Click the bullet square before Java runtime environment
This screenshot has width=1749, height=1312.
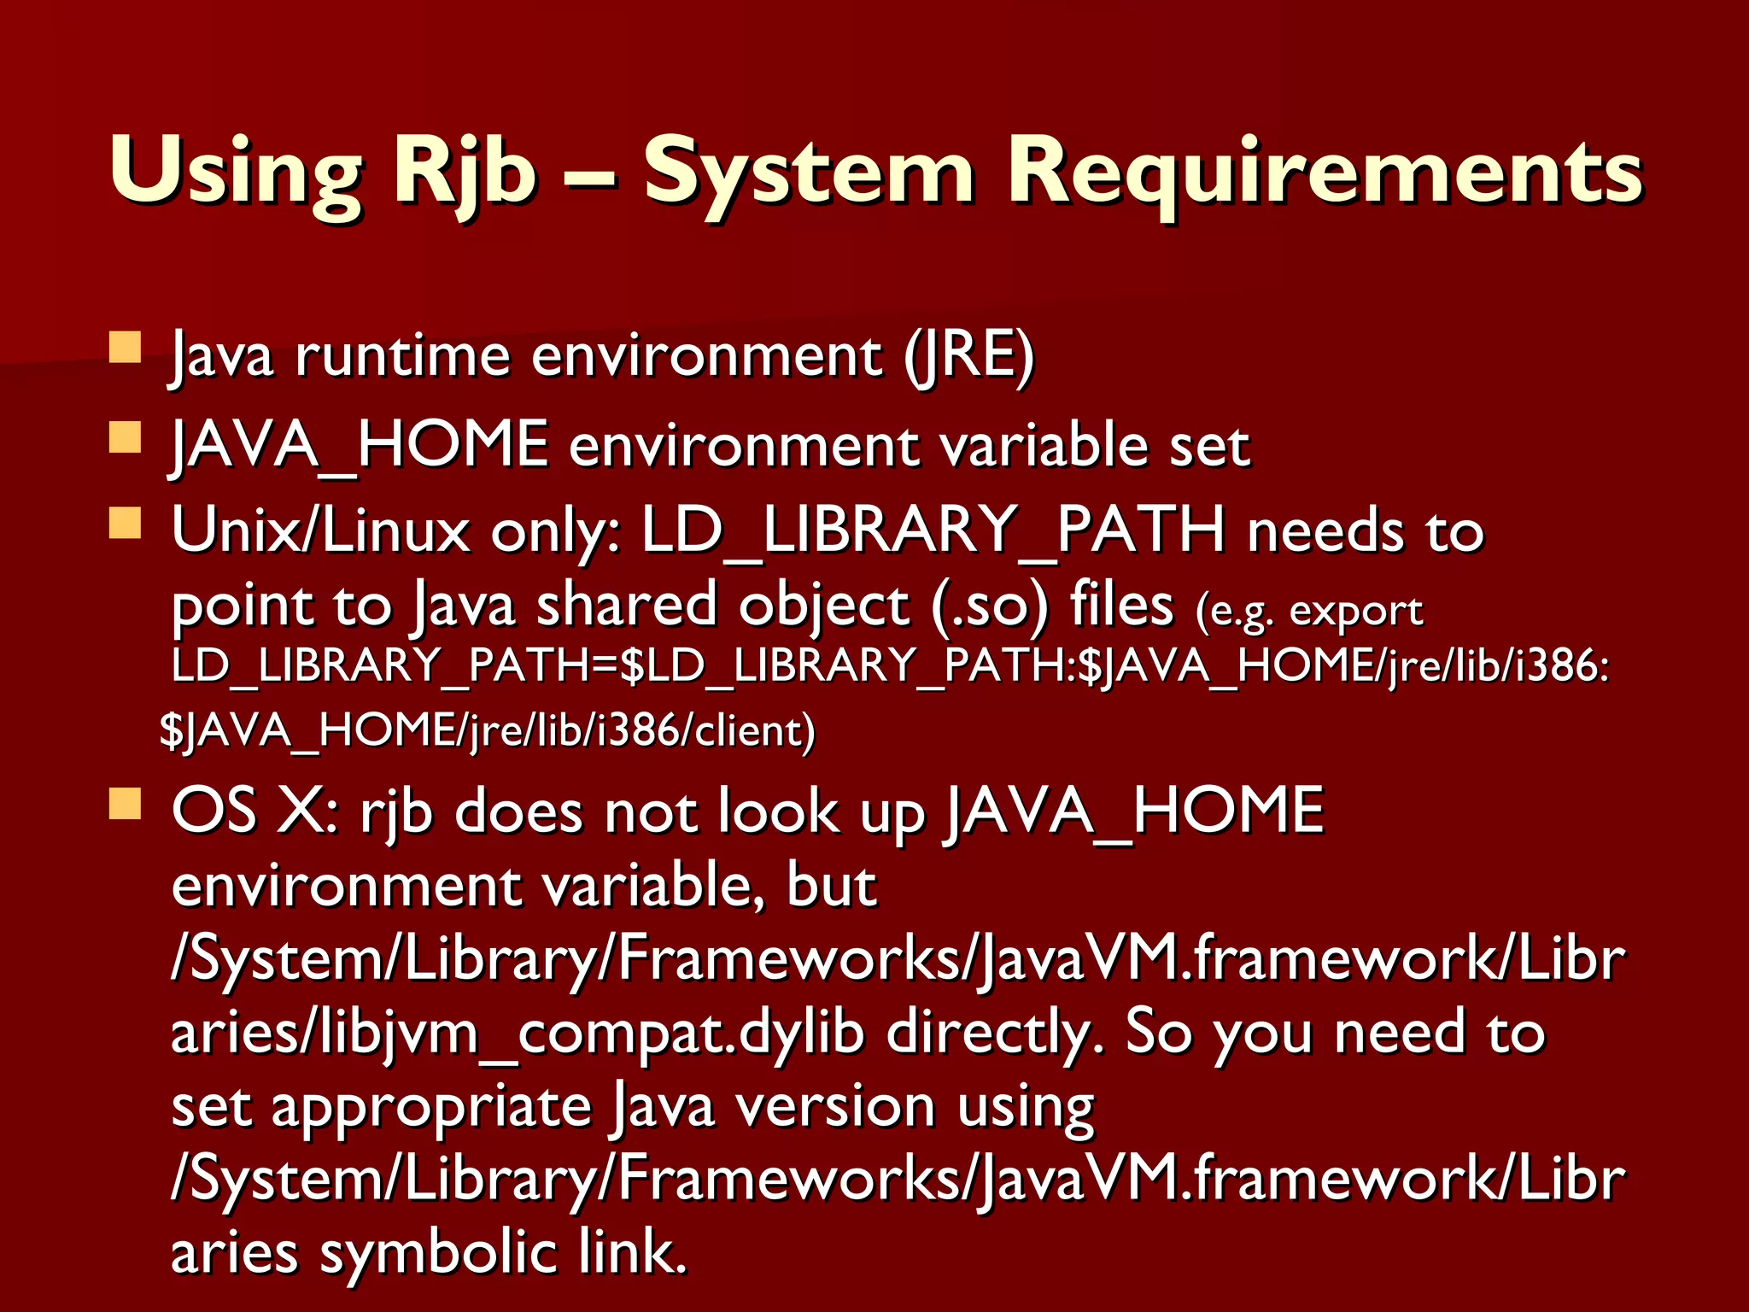pos(126,348)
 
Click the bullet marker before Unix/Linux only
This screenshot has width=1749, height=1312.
pos(126,523)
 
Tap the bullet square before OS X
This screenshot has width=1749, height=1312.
pos(126,803)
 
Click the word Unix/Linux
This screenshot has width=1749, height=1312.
pos(320,530)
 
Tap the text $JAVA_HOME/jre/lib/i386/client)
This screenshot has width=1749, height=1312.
pos(488,731)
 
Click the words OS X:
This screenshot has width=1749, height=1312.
pos(256,811)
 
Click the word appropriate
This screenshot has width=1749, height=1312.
pos(431,1108)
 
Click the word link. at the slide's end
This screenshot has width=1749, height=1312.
pos(632,1252)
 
